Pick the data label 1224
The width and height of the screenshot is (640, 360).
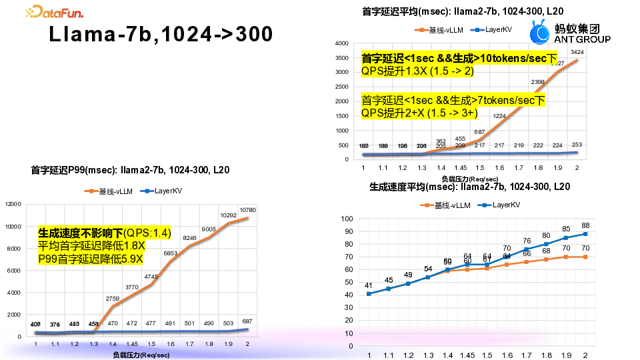pyautogui.click(x=499, y=115)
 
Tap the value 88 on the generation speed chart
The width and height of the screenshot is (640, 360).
pyautogui.click(x=585, y=225)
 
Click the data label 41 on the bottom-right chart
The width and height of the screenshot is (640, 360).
pyautogui.click(x=368, y=286)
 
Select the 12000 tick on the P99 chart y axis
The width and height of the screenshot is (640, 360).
pyautogui.click(x=13, y=204)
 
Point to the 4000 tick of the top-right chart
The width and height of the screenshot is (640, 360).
pyautogui.click(x=341, y=43)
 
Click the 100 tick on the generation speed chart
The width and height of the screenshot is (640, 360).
pyautogui.click(x=347, y=219)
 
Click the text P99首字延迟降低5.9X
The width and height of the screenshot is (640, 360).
pyautogui.click(x=90, y=259)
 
